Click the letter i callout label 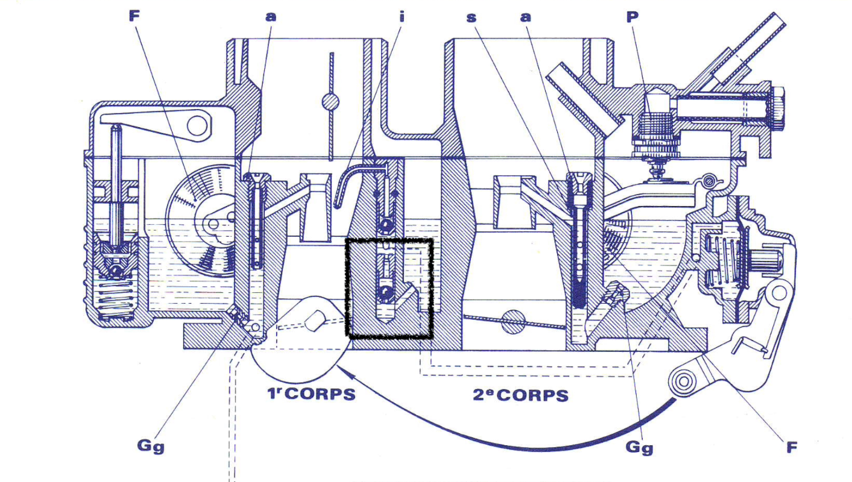402,16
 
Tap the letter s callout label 471,17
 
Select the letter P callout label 632,16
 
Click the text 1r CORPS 311,394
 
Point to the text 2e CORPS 521,395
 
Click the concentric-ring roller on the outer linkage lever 683,381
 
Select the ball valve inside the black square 385,293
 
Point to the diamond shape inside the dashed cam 314,320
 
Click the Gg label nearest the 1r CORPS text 151,446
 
